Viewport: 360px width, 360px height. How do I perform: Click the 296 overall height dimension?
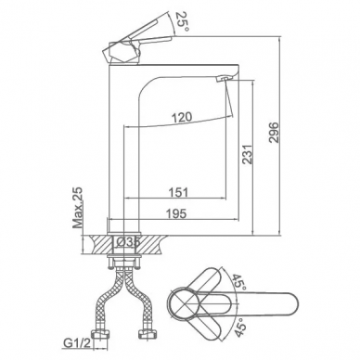coord(274,133)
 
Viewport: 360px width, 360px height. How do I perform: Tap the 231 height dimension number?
coord(248,154)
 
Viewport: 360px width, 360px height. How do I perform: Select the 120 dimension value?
coord(182,118)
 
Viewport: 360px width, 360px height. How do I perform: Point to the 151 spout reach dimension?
coord(178,192)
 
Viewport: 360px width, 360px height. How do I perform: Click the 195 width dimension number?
coord(176,213)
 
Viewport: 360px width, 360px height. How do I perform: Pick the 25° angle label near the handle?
coord(182,21)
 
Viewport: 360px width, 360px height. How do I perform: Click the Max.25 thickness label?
coord(78,208)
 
